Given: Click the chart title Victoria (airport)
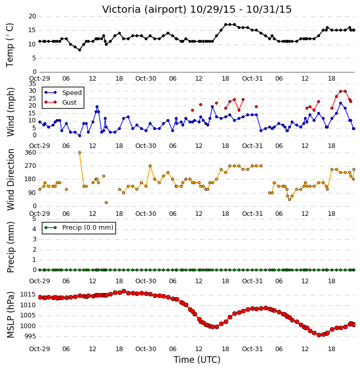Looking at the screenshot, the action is click(x=144, y=10).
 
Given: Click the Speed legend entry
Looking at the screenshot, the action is click(x=63, y=93).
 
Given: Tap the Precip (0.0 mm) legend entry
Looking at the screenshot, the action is click(x=79, y=228).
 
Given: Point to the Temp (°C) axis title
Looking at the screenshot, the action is click(x=10, y=45).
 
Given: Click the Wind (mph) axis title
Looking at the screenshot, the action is click(x=10, y=112).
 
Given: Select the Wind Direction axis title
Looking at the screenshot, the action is click(x=10, y=180).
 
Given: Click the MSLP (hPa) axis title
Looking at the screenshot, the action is click(x=10, y=314).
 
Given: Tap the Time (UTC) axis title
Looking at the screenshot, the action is click(x=197, y=360).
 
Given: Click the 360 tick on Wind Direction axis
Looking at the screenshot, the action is click(x=31, y=153).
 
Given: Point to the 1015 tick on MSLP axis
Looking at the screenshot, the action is click(x=28, y=294).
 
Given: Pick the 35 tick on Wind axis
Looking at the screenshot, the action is click(x=32, y=84).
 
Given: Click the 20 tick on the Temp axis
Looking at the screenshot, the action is click(x=32, y=16).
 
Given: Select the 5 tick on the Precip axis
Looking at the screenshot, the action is click(x=34, y=219).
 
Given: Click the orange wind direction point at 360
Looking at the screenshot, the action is click(x=80, y=153).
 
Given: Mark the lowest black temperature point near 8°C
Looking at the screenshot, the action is click(x=80, y=50).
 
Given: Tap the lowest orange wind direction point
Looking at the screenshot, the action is click(x=106, y=203).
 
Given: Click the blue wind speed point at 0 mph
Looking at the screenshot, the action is click(x=80, y=136).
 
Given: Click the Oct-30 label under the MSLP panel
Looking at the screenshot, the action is click(x=146, y=349).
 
